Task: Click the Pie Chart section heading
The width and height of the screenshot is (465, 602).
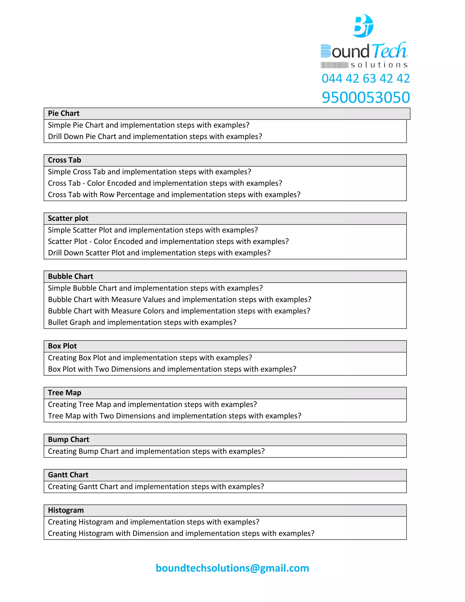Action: click(64, 113)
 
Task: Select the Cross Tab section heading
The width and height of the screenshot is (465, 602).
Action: click(64, 160)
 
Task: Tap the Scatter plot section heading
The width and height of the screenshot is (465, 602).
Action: click(68, 218)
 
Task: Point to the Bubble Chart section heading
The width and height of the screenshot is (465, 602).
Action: click(71, 276)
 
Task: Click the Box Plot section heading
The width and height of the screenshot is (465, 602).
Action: click(62, 346)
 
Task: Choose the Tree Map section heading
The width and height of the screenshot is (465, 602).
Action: click(64, 393)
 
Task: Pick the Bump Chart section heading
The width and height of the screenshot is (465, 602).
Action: click(68, 439)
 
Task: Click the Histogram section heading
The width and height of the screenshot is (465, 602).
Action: click(66, 510)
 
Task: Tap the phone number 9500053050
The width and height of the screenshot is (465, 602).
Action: click(366, 98)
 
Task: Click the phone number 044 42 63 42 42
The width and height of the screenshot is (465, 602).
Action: click(366, 79)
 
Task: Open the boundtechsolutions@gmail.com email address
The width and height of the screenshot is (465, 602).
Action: click(232, 568)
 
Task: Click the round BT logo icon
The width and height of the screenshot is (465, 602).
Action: click(363, 26)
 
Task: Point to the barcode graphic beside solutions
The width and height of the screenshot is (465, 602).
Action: click(334, 65)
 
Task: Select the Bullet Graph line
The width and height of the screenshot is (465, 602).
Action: click(142, 322)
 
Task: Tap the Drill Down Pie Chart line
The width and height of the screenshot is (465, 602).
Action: click(155, 137)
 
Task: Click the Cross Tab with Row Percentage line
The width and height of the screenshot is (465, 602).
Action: click(174, 195)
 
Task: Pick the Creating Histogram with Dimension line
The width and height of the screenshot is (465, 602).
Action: click(181, 533)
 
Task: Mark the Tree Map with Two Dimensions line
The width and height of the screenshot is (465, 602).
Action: click(174, 416)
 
